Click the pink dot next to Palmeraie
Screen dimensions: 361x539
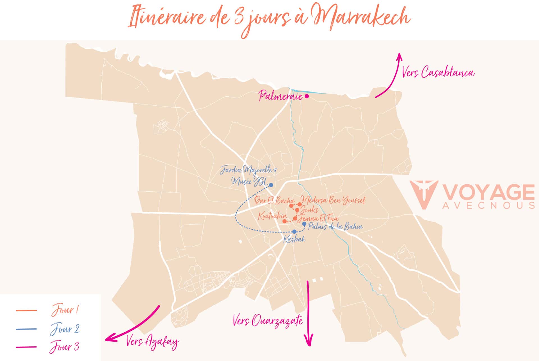307,96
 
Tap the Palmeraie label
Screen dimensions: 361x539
280,96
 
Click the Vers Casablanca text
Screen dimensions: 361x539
438,72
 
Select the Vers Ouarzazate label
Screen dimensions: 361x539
268,321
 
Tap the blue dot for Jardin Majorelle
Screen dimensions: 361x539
271,185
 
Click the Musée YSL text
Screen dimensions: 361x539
249,181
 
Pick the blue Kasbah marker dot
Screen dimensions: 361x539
294,232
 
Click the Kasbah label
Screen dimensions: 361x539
294,239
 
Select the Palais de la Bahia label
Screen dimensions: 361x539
335,226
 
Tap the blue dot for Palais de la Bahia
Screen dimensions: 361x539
304,224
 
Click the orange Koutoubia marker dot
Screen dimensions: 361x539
284,221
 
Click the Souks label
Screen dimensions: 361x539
309,210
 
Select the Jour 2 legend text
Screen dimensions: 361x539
65,329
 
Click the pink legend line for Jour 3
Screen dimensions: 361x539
26,347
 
